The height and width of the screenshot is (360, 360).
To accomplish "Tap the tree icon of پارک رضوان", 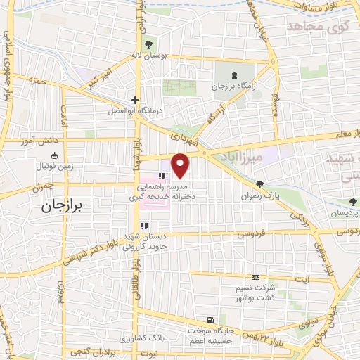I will tap(259, 185).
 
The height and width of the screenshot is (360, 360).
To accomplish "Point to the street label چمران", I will tap(42, 189).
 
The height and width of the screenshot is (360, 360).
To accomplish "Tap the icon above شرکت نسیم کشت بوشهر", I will tap(255, 277).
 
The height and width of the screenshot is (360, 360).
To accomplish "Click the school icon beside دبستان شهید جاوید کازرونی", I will tap(143, 226).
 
